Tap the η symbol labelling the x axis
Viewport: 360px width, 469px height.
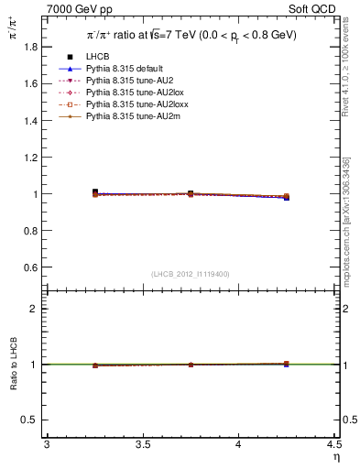click(335, 457)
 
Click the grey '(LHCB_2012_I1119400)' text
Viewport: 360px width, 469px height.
click(191, 274)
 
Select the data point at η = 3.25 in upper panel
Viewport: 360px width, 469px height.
click(94, 192)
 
